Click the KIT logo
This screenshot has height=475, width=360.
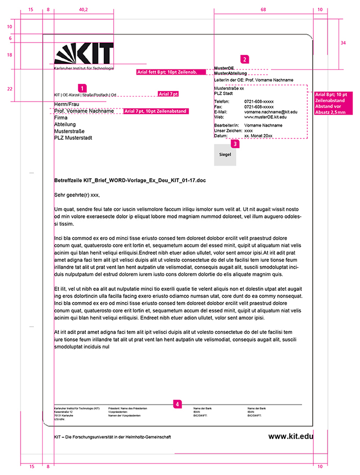(x=84, y=55)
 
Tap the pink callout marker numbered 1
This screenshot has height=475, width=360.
(x=82, y=88)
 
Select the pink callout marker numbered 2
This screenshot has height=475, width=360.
(x=245, y=59)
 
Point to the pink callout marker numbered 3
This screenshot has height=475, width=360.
(x=236, y=145)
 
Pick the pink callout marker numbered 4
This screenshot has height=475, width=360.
(x=177, y=404)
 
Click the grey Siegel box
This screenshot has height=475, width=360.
(x=225, y=155)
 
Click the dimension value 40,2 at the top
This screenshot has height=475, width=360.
(x=83, y=10)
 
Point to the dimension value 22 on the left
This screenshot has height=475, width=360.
(x=10, y=89)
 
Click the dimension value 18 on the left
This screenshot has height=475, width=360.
(x=10, y=55)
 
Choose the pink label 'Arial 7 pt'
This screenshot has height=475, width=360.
(x=168, y=94)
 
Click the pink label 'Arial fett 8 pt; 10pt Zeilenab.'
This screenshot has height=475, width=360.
(x=167, y=72)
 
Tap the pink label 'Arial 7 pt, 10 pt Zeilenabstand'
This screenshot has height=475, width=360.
(x=155, y=111)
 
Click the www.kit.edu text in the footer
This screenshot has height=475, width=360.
(x=291, y=436)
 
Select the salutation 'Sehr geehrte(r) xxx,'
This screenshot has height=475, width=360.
(x=77, y=195)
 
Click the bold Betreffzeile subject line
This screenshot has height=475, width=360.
(x=129, y=181)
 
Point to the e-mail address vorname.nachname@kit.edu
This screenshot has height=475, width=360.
(x=271, y=112)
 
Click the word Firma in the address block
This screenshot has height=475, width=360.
(x=61, y=118)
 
